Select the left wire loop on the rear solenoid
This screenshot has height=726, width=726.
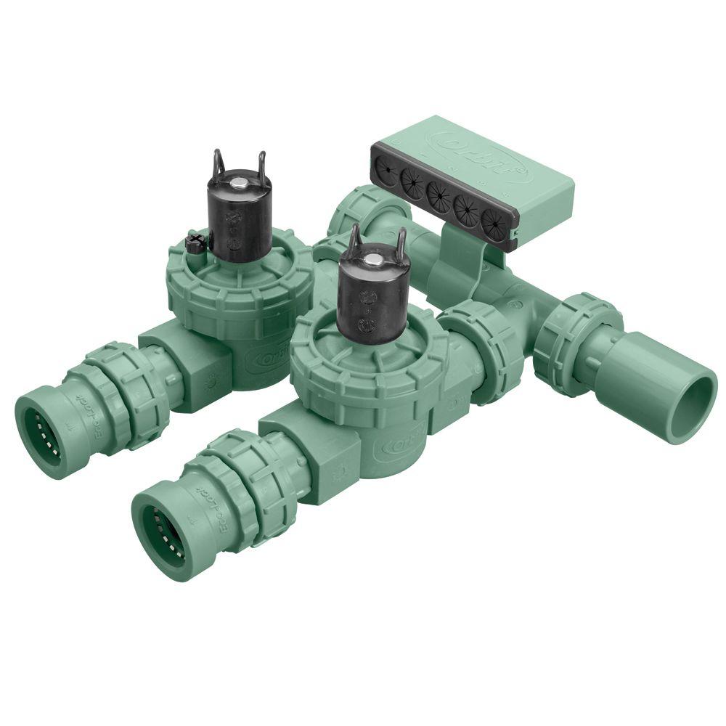tap(216, 163)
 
